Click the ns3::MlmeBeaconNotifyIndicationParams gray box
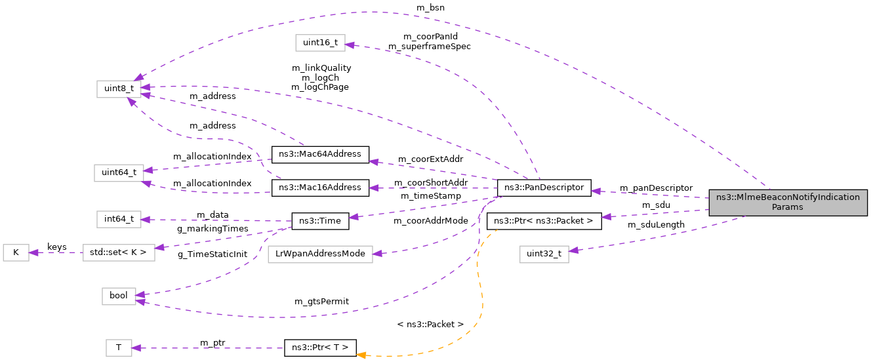788,203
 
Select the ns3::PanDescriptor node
544,188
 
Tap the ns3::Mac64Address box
320,154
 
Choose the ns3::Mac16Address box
320,188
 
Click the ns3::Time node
319,221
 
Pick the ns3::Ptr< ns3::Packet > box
544,221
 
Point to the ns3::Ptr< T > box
319,348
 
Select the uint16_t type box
320,43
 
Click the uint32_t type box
544,254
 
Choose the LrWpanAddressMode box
320,254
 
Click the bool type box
119,296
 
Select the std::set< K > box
119,252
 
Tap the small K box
16,252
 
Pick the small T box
119,348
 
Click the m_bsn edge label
430,7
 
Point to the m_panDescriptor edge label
656,188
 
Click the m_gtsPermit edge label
321,302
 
